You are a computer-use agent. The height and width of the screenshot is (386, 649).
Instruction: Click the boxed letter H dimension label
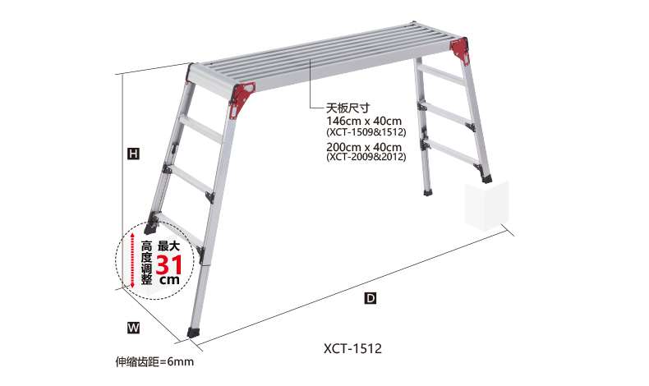(x=132, y=153)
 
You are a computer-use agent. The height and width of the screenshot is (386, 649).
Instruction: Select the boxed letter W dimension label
(x=133, y=327)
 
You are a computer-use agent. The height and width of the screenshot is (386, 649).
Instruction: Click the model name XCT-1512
(x=352, y=348)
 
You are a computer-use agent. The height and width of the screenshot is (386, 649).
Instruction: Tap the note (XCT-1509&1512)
(x=366, y=131)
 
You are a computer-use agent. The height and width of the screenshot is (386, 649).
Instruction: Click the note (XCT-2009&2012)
(x=366, y=156)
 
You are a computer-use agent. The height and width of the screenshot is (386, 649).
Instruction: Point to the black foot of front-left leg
(x=194, y=333)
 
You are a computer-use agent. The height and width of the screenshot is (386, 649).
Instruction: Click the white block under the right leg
(x=486, y=205)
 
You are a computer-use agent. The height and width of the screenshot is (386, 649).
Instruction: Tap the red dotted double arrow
(x=129, y=260)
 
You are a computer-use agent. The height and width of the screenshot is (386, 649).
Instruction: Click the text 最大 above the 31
(x=168, y=246)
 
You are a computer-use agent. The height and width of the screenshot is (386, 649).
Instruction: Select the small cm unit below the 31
(x=168, y=280)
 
